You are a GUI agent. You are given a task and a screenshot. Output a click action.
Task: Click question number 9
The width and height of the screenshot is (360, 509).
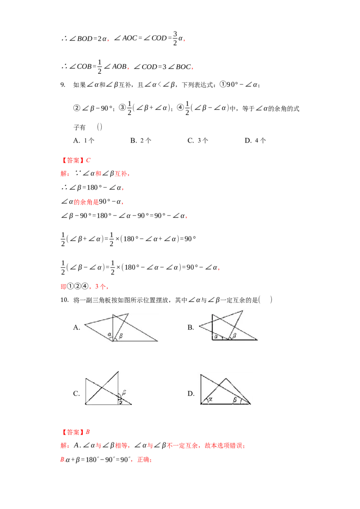[63, 85]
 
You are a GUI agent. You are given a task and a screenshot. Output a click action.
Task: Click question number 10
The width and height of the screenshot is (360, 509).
[64, 300]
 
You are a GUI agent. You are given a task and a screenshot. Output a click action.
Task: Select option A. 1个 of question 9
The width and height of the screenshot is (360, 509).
[84, 141]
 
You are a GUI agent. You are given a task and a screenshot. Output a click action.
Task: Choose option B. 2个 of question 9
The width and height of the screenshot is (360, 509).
[141, 141]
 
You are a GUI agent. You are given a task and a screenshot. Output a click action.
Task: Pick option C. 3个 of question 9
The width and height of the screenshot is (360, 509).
[198, 141]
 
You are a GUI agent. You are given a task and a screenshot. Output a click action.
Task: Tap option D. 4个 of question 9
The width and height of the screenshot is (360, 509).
[256, 141]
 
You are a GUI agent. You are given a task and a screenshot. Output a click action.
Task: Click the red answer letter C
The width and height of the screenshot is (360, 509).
[88, 161]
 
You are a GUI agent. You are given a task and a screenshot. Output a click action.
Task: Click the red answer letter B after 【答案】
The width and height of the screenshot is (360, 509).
[88, 432]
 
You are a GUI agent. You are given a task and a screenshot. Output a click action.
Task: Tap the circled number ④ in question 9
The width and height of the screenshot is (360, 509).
[180, 107]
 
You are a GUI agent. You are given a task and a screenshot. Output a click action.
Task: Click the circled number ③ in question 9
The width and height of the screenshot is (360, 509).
[122, 107]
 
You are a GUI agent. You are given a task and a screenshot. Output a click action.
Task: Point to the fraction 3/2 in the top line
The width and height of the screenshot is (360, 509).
[175, 38]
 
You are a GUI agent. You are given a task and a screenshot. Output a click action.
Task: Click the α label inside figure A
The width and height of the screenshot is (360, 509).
[109, 334]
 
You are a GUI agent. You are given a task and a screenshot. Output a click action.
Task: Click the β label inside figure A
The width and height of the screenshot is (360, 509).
[121, 335]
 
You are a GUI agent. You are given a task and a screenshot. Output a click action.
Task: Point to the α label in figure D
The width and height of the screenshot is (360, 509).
[210, 399]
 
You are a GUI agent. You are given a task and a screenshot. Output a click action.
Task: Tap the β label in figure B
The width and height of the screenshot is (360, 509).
[234, 335]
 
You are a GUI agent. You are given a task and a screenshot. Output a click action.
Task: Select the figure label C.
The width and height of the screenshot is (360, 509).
[76, 394]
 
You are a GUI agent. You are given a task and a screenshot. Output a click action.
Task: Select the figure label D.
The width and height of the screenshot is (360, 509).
[191, 394]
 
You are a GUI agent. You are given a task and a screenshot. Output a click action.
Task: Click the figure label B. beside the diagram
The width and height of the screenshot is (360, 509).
[191, 327]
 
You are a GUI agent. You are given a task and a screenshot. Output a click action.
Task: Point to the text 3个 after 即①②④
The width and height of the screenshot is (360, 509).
[100, 286]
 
